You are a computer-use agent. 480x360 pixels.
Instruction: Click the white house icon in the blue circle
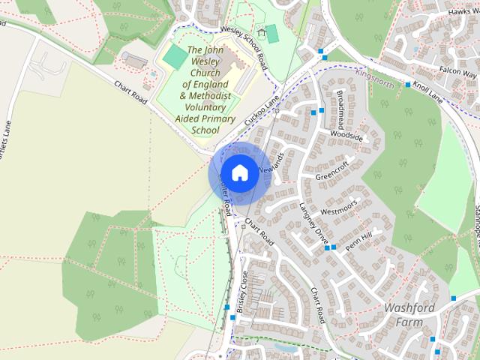tap(239, 172)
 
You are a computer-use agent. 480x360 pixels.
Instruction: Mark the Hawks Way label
tap(461, 11)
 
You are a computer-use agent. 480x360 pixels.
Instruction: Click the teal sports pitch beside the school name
tap(175, 56)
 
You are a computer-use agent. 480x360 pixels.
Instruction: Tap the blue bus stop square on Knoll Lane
tap(408, 85)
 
